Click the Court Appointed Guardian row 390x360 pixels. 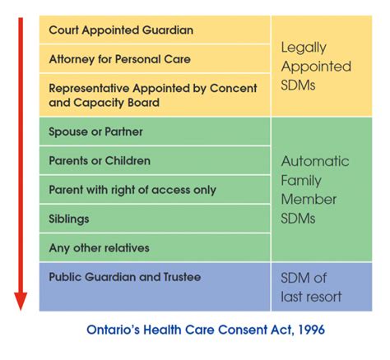tap(121, 30)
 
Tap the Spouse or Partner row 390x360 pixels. tap(96, 132)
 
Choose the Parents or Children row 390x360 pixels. tap(100, 160)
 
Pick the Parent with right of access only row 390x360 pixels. tap(132, 190)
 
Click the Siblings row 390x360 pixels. tap(69, 219)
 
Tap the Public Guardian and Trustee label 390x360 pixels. tap(125, 277)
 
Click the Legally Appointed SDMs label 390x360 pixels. tap(315, 67)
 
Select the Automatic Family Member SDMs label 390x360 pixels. tap(315, 190)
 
